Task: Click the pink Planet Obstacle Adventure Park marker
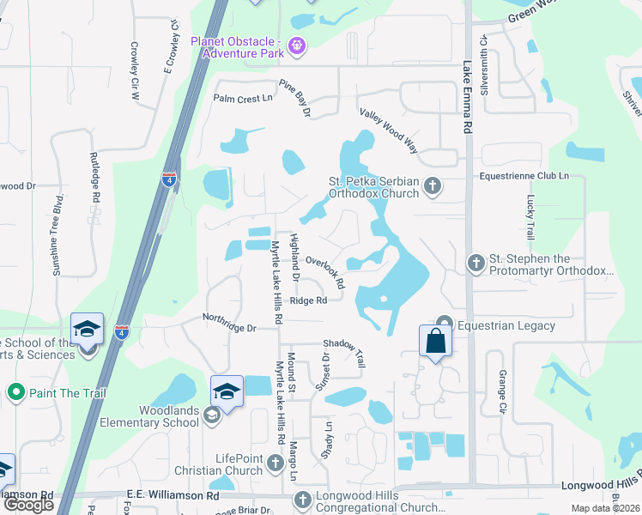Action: coord(297,45)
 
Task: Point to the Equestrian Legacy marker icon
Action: coord(444,324)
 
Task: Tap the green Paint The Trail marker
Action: coord(15,393)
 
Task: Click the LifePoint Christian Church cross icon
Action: coord(276,463)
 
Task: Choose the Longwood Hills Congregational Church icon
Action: coord(301,500)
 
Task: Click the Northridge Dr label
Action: coord(229,323)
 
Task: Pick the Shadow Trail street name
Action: coord(344,353)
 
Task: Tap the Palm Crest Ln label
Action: coord(243,99)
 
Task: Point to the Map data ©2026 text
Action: coord(606,508)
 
